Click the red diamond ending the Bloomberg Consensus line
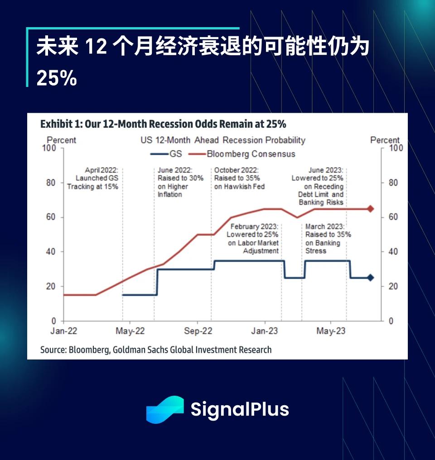coord(370,209)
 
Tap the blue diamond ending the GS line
coord(370,278)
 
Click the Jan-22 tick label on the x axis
coord(63,331)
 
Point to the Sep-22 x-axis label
coord(198,331)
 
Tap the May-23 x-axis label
coord(331,331)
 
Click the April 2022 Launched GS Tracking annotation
coord(93,178)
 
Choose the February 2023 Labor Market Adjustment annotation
coord(253,239)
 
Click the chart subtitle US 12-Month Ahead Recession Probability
coord(222,140)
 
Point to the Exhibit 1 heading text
coord(163,124)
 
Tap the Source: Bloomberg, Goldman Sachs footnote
coord(156,350)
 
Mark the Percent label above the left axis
coord(62,140)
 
